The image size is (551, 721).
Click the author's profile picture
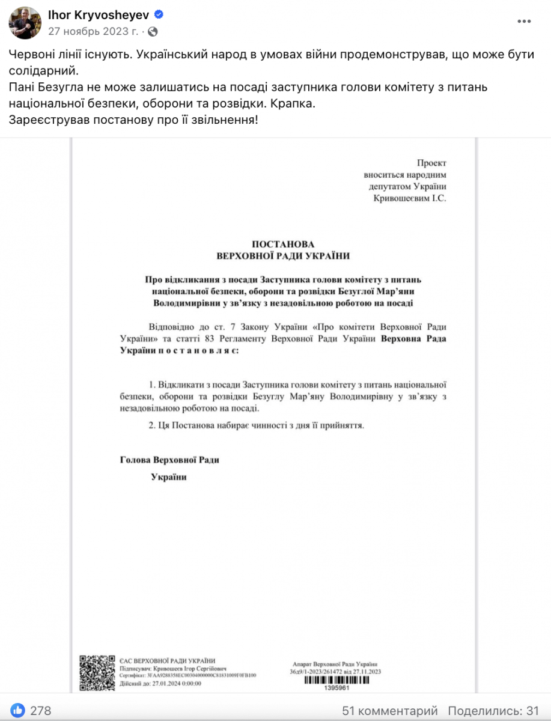(24, 22)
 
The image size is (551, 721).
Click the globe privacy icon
(153, 31)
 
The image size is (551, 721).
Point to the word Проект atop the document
(432, 163)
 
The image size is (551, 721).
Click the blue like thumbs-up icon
(18, 710)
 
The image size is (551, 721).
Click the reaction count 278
(40, 710)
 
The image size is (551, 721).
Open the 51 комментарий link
(390, 710)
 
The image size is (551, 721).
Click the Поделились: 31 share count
(493, 710)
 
